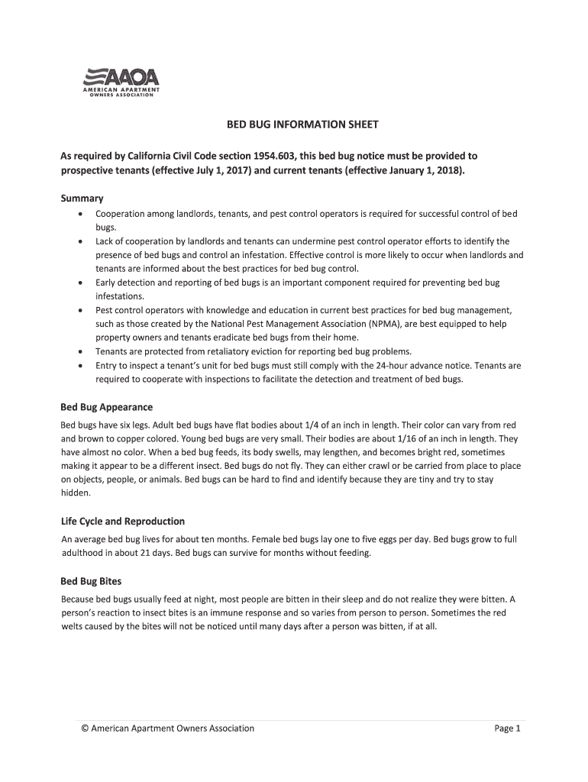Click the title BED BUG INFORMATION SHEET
click(294, 124)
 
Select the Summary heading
click(82, 198)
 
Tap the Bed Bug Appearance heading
click(106, 407)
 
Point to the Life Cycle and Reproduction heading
click(122, 521)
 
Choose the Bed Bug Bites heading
click(91, 580)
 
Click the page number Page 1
click(507, 729)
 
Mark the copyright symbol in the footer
click(86, 729)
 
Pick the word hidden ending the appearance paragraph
click(75, 493)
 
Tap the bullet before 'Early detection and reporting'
click(80, 283)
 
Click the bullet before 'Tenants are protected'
click(80, 351)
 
